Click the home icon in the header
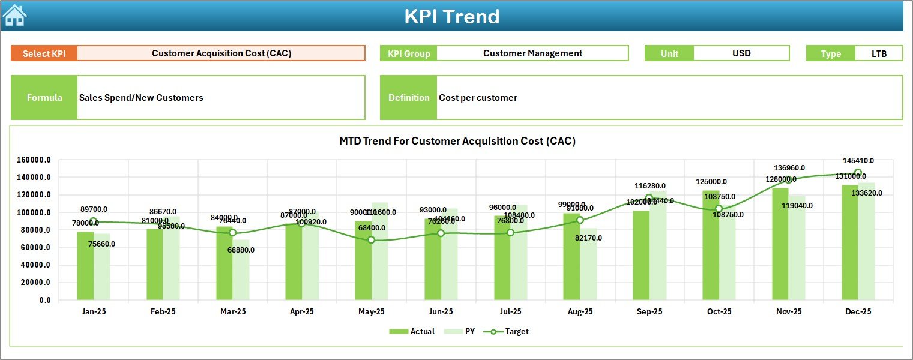tap(14, 16)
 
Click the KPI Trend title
tap(451, 16)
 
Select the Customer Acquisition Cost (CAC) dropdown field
tap(221, 53)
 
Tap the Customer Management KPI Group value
tap(532, 53)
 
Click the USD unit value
tap(741, 53)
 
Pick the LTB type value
tap(879, 53)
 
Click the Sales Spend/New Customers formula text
tap(141, 98)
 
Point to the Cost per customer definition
tap(478, 98)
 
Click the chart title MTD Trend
tap(457, 142)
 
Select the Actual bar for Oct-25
tap(711, 246)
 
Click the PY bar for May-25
tap(379, 252)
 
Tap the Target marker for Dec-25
tap(858, 173)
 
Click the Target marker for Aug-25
tap(580, 220)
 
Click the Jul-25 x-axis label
tap(510, 312)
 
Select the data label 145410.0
tap(858, 161)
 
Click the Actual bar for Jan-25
tap(85, 266)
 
